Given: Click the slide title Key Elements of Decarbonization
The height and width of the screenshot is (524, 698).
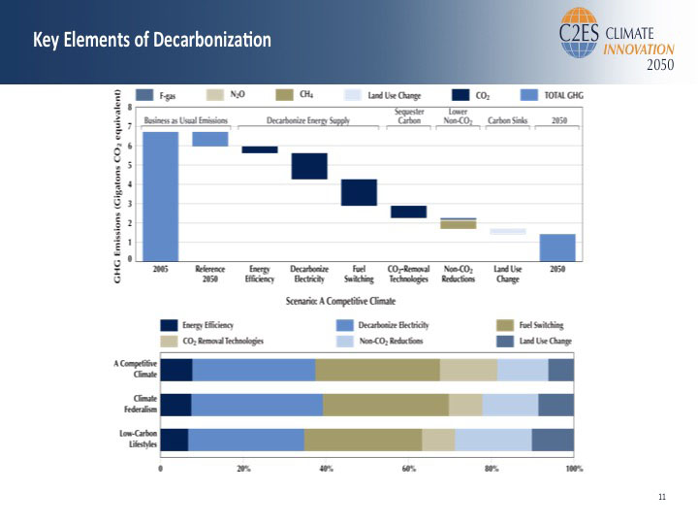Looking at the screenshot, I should [152, 41].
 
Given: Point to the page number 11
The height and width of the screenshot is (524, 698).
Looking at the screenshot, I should [662, 497].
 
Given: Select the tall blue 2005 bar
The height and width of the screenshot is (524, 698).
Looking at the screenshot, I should [161, 195].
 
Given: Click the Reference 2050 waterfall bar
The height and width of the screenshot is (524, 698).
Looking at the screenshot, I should [210, 139].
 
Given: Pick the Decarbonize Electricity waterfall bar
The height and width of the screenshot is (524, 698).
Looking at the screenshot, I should [309, 166].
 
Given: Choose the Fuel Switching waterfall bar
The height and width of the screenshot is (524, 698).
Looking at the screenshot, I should [359, 192].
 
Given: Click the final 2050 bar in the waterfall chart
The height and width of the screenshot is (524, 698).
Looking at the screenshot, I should [557, 247].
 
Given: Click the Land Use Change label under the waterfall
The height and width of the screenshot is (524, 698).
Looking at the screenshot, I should [507, 274].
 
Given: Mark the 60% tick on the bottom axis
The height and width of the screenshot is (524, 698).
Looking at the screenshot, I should [408, 468].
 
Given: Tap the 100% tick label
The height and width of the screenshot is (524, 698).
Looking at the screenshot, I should [573, 468].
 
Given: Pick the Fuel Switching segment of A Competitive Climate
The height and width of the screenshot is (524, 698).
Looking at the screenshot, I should [377, 370].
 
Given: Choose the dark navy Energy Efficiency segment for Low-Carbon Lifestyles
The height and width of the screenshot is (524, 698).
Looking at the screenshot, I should [174, 440].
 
